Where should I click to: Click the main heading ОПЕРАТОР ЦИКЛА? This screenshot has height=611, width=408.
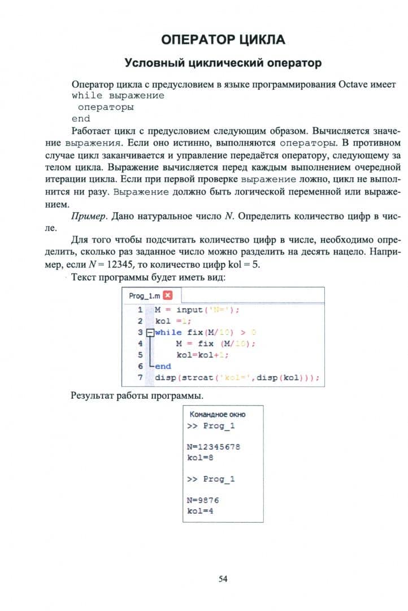coord(223,40)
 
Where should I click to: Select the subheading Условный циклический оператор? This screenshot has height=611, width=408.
coord(223,63)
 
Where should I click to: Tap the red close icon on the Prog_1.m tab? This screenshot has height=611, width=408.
coord(167,296)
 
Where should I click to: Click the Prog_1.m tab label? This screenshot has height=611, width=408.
coord(144,296)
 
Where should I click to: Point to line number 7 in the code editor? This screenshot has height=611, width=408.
coord(140,377)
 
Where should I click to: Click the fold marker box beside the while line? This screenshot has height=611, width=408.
coord(149,333)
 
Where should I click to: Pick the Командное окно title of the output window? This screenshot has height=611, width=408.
coord(218,414)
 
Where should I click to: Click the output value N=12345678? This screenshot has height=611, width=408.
coord(214,446)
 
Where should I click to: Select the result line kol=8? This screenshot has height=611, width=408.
coord(199,457)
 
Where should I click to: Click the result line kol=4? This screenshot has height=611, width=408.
coord(199,511)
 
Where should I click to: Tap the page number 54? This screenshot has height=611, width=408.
coord(223,578)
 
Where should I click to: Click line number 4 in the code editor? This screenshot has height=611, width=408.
coord(140,343)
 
